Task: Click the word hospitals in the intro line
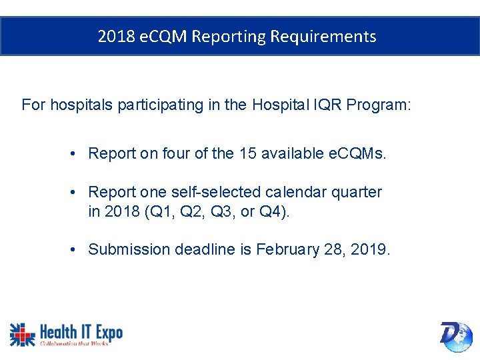[80, 105]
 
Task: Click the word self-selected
[219, 193]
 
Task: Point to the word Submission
[129, 250]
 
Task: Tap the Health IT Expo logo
[66, 334]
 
